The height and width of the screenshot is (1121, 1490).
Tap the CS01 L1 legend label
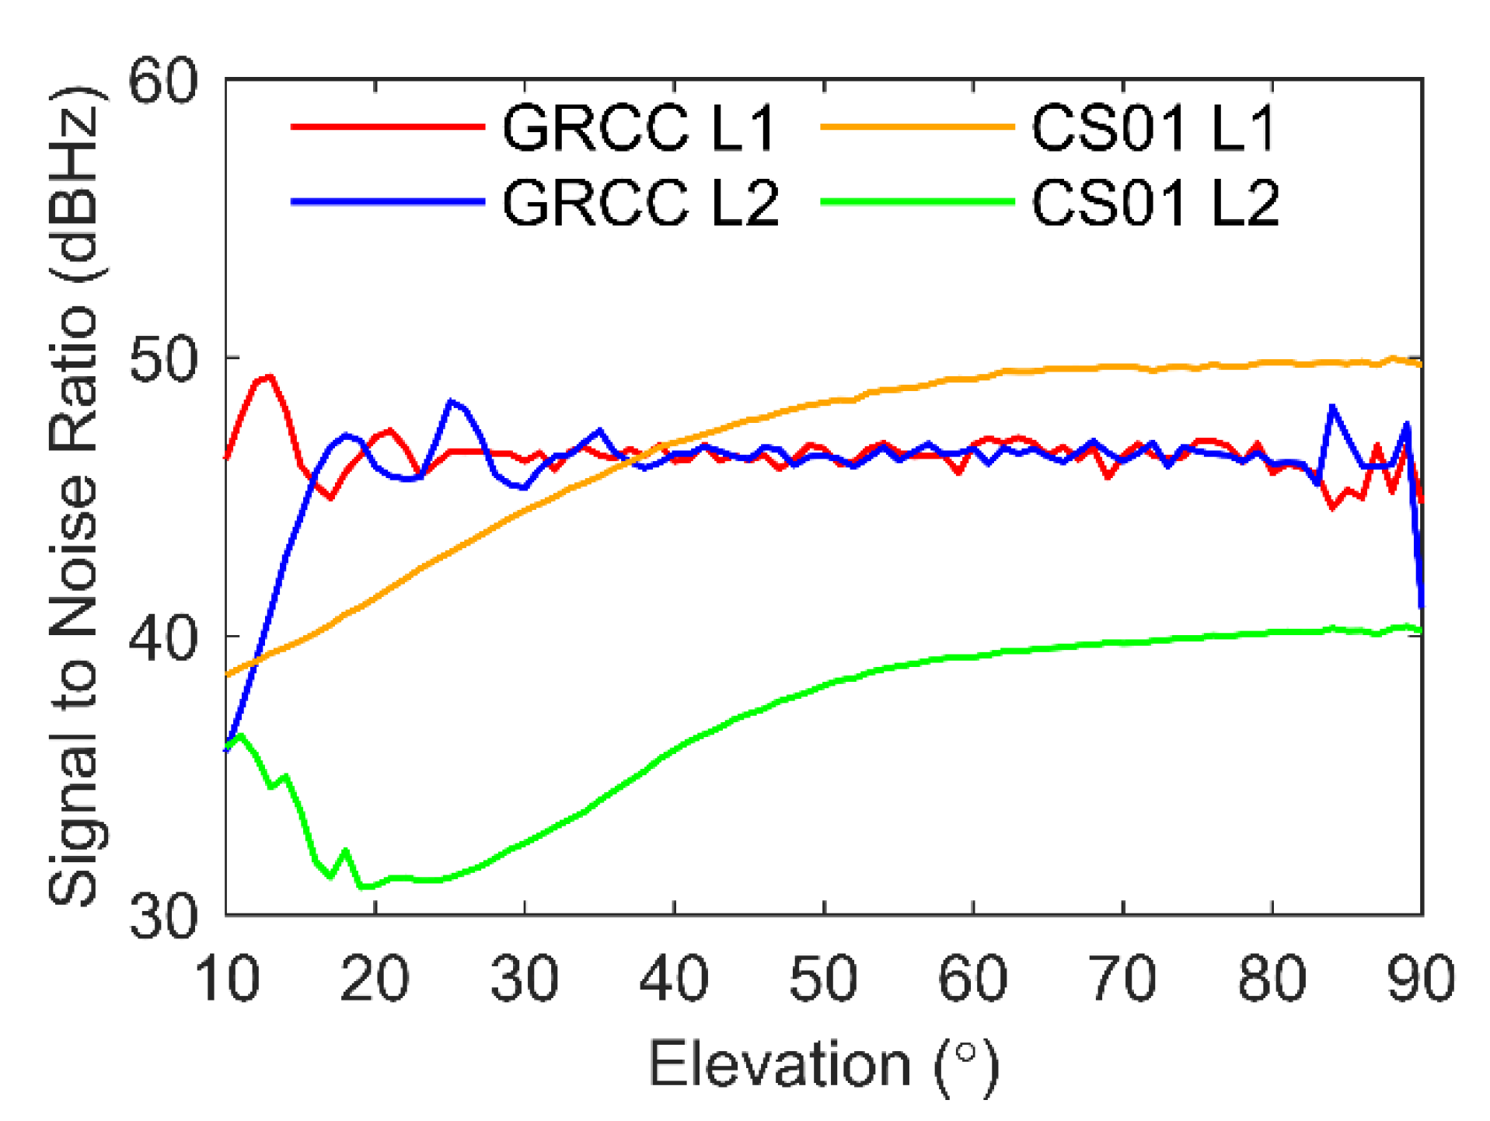(x=1153, y=127)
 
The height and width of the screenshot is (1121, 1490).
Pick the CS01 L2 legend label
(x=1155, y=203)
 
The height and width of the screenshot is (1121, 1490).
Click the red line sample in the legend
(x=387, y=127)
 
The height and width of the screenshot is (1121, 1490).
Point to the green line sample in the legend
(x=917, y=202)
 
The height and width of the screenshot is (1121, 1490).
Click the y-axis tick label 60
(x=162, y=81)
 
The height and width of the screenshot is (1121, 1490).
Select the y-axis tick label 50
(x=162, y=358)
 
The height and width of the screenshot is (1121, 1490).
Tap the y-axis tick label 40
(x=162, y=637)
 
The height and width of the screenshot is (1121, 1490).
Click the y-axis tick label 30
(x=162, y=916)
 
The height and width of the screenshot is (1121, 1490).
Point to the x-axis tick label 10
(x=226, y=978)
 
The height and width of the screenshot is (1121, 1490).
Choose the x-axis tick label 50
(x=823, y=978)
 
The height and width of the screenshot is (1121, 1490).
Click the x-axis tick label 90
(x=1420, y=978)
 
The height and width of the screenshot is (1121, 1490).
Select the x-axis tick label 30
(x=525, y=978)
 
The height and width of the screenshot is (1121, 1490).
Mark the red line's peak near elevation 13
(x=269, y=378)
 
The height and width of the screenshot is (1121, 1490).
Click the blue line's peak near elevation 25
(x=451, y=402)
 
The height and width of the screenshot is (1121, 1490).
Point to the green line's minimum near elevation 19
(x=362, y=886)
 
